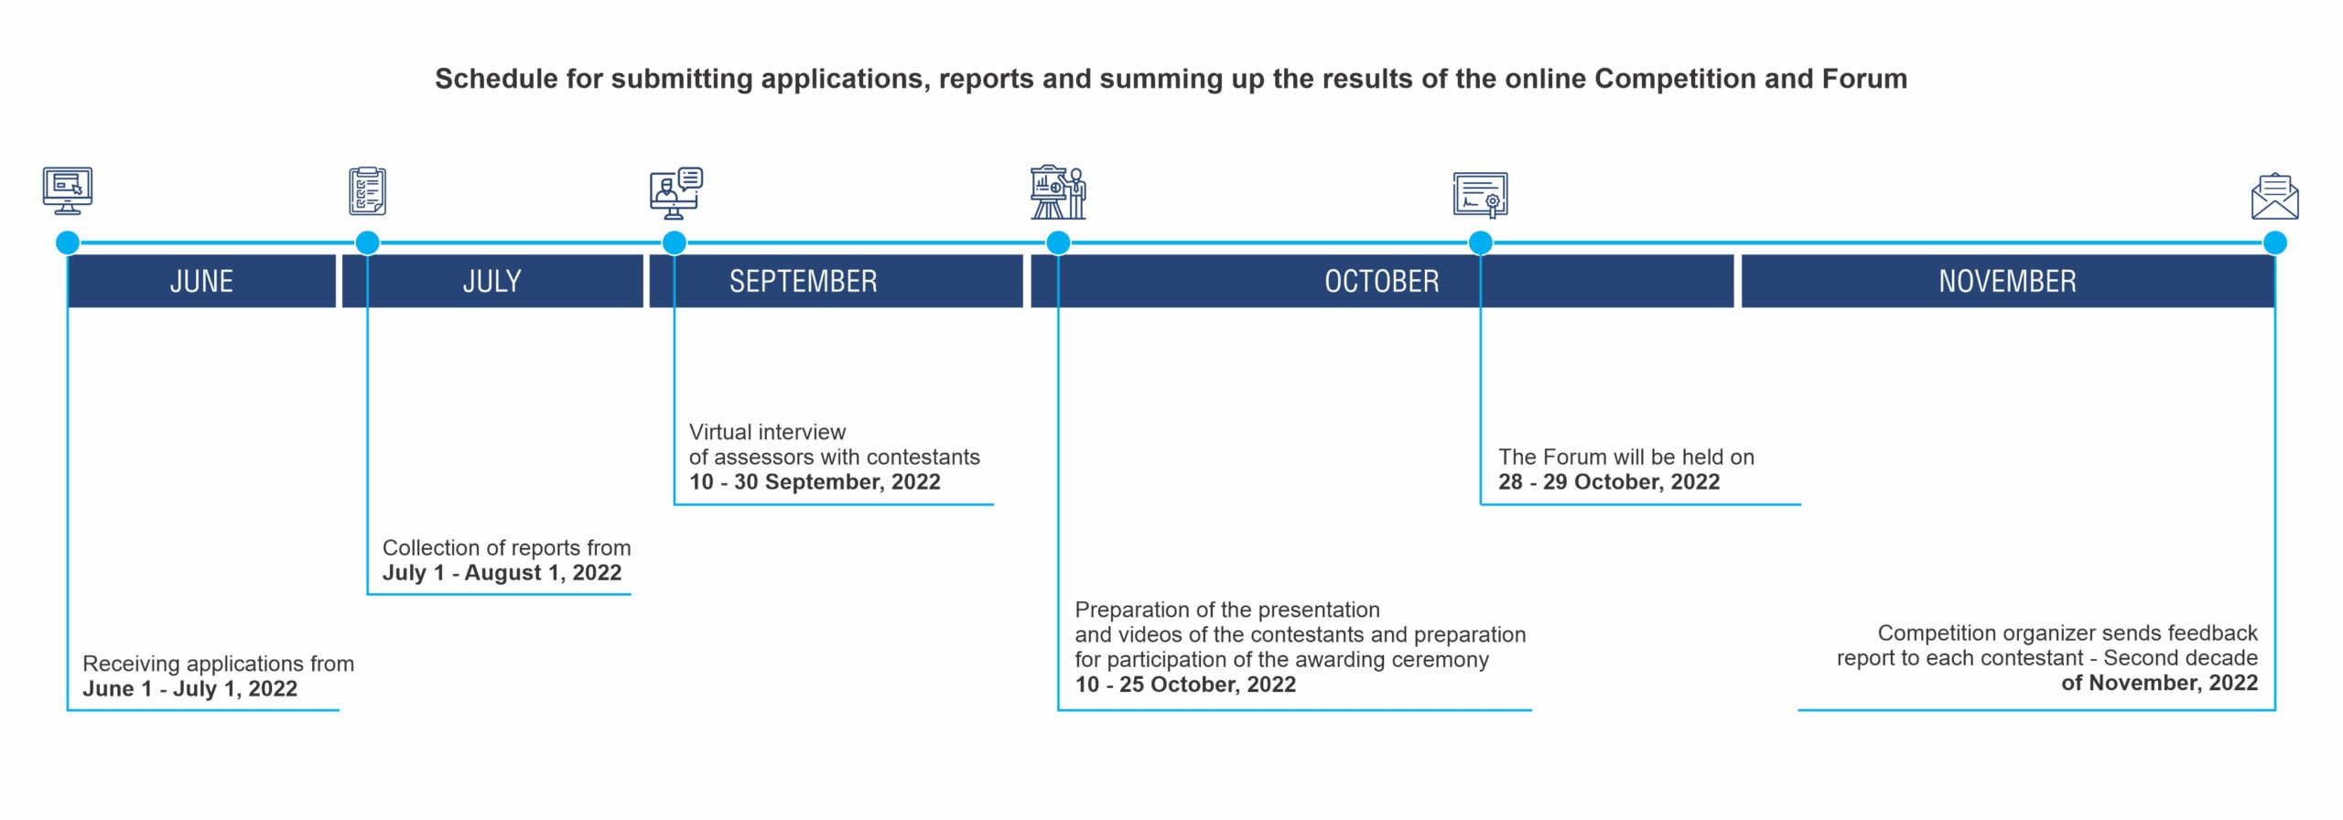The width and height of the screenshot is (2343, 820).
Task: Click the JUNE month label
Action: click(201, 281)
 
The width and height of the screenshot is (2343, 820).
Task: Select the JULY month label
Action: click(492, 281)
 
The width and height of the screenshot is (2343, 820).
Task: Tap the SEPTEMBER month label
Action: click(803, 281)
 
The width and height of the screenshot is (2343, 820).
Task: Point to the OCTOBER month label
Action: click(1382, 281)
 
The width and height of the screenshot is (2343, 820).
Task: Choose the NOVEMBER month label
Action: click(2007, 281)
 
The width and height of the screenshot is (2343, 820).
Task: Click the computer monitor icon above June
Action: click(68, 190)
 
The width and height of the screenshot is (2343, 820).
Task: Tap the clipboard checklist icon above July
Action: click(367, 190)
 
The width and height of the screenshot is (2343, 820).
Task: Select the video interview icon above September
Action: click(676, 193)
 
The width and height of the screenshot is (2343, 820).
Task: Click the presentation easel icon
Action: click(1058, 192)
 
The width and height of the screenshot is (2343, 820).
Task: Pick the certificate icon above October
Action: click(1481, 195)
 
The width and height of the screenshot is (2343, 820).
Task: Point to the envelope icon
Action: click(2275, 197)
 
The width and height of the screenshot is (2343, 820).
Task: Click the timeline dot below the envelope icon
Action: click(2275, 243)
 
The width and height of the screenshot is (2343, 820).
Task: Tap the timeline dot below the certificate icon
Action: click(1481, 243)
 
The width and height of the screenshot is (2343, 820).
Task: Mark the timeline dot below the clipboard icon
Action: click(367, 243)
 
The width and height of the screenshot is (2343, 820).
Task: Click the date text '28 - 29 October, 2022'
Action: click(1609, 482)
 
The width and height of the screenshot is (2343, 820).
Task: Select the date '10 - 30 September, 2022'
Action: click(815, 482)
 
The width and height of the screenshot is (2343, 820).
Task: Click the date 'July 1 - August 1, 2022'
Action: click(502, 573)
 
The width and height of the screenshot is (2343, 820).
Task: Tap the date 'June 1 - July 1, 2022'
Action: click(190, 689)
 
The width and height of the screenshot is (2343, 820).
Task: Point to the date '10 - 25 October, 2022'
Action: click(1185, 685)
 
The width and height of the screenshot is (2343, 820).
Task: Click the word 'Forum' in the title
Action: click(1864, 79)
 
